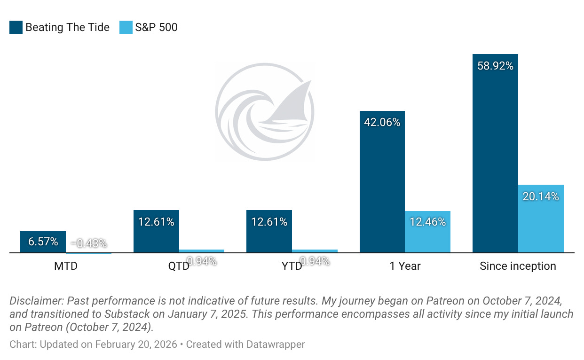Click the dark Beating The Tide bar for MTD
(x=43, y=242)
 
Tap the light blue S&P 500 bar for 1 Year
(x=427, y=232)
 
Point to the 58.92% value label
(x=495, y=66)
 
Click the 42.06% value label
(x=382, y=122)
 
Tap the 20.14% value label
(x=541, y=196)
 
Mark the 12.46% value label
(x=427, y=222)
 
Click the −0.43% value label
(x=88, y=243)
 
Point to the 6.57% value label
(x=43, y=242)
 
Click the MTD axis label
(x=66, y=266)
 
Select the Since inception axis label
(x=518, y=266)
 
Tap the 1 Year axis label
(x=405, y=266)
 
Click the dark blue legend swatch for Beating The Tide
(x=16, y=27)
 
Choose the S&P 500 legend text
(x=156, y=27)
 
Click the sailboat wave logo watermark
(x=265, y=112)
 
